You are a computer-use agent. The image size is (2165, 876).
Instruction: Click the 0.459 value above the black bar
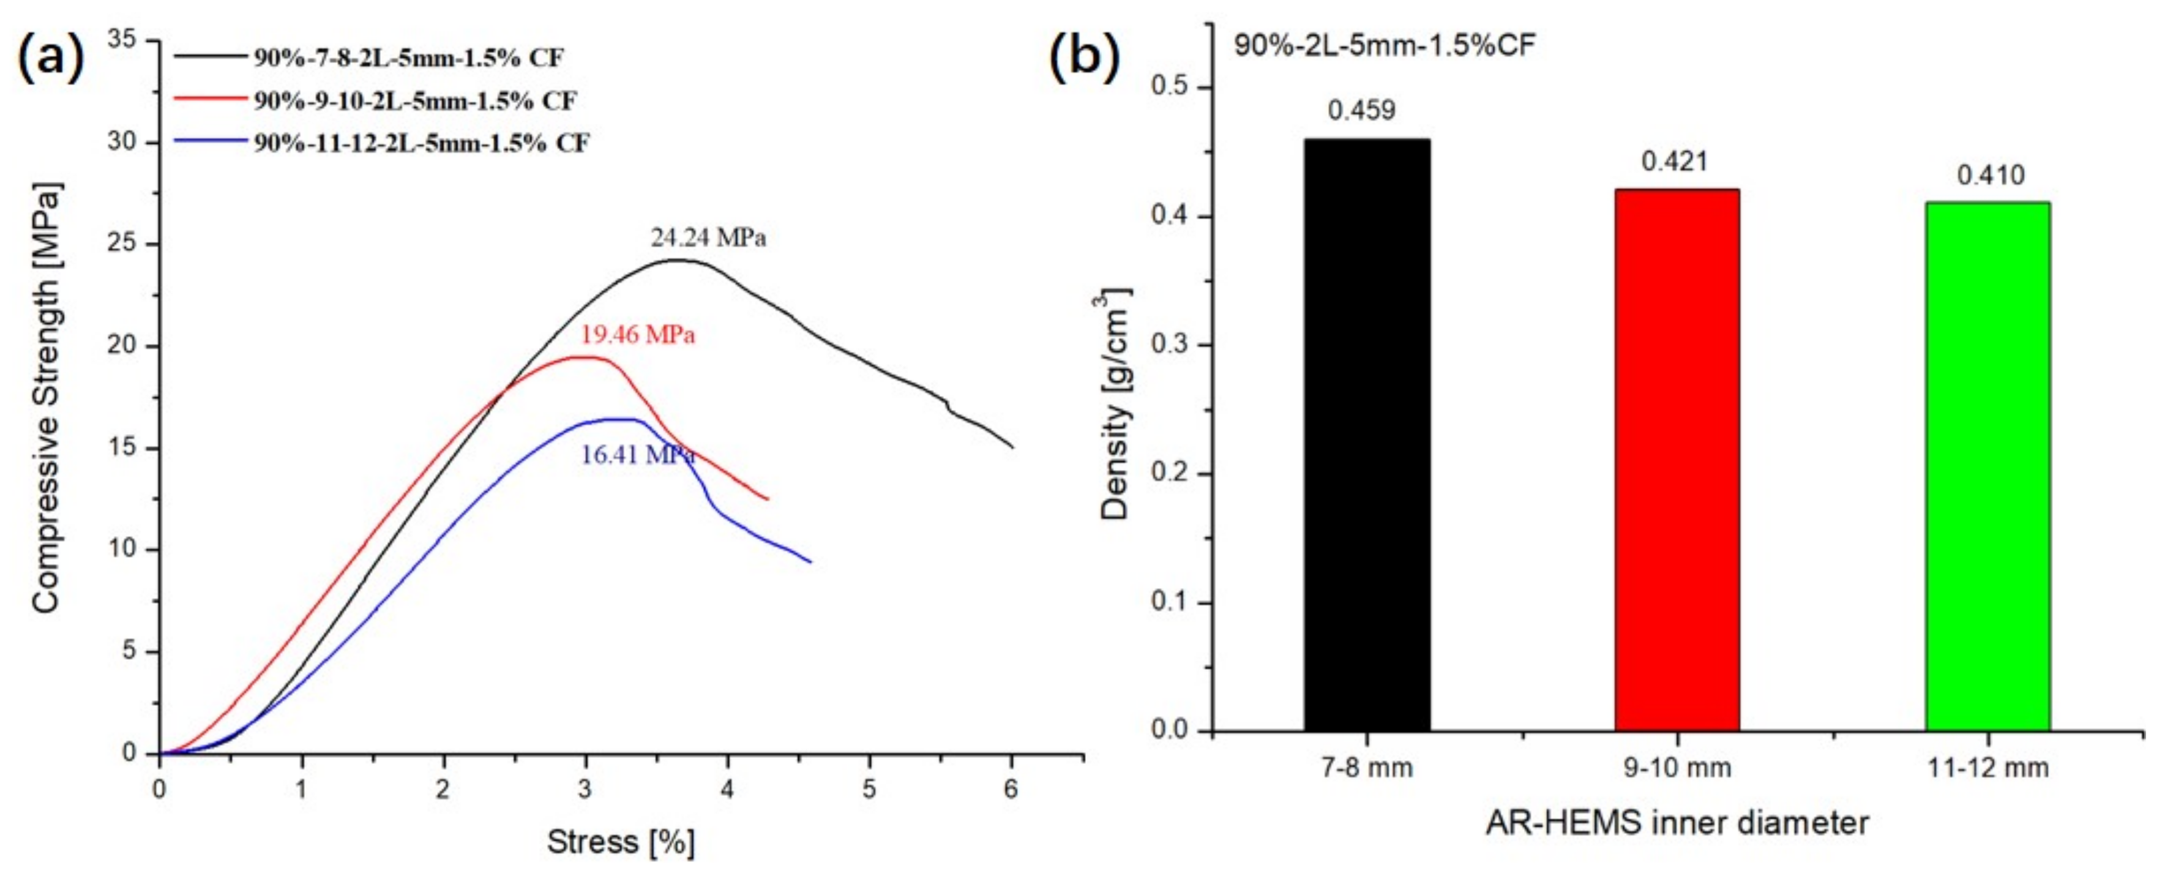point(1361,110)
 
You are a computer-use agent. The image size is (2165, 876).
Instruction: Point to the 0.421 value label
point(1674,160)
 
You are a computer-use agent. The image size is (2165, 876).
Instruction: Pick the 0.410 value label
point(1990,175)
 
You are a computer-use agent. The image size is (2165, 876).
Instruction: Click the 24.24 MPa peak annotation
point(708,238)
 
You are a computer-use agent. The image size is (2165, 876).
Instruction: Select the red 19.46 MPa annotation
point(638,335)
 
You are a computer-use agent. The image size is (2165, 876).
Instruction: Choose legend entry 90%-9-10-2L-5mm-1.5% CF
point(415,101)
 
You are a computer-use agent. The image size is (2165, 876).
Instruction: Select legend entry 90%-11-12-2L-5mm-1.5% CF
point(422,143)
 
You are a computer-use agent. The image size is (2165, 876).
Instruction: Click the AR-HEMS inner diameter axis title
point(1677,822)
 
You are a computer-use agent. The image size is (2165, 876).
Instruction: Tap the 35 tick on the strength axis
point(122,40)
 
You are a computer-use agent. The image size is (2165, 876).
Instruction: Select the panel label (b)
point(1084,57)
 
